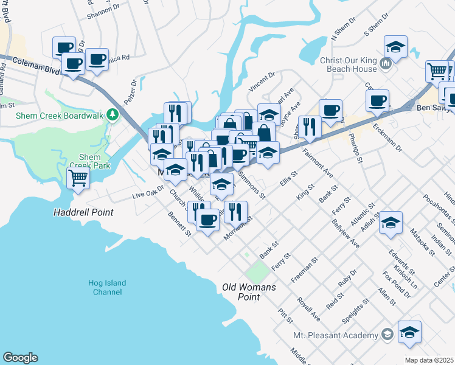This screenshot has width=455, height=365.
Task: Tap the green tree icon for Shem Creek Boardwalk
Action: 112,114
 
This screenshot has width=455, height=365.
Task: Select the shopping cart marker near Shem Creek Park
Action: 78,179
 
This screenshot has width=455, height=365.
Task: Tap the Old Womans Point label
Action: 249,292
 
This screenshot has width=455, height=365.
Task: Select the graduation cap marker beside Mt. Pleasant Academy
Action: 409,332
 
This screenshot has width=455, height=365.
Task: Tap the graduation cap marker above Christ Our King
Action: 395,47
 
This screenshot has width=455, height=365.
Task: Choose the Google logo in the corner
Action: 20,358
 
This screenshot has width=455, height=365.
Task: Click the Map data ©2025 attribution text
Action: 429,360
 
